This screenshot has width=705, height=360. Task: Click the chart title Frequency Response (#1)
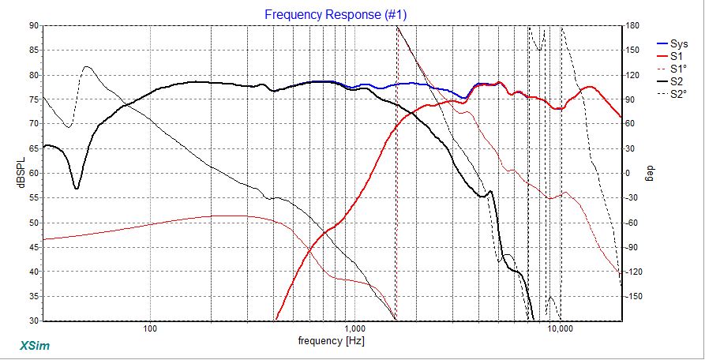[x=336, y=14]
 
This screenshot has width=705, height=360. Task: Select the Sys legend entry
[x=677, y=44]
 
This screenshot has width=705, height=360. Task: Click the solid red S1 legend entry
[x=676, y=57]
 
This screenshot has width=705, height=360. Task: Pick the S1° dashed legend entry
[x=677, y=69]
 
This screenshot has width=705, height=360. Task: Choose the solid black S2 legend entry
[x=676, y=81]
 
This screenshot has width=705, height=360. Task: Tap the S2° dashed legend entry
[x=677, y=94]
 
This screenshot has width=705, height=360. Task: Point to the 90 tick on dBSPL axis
[x=34, y=26]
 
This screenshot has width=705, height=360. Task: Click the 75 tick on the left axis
[x=34, y=99]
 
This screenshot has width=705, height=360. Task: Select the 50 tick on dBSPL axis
[x=34, y=223]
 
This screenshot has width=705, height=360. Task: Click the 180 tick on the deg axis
[x=632, y=26]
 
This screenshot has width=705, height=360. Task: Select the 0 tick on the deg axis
[x=628, y=174]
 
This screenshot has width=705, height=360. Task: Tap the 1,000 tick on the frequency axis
[x=354, y=328]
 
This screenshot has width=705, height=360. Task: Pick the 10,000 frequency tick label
[x=560, y=328]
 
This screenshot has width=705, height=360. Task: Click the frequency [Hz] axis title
[x=332, y=343]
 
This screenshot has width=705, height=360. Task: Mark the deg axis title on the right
[x=650, y=171]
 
